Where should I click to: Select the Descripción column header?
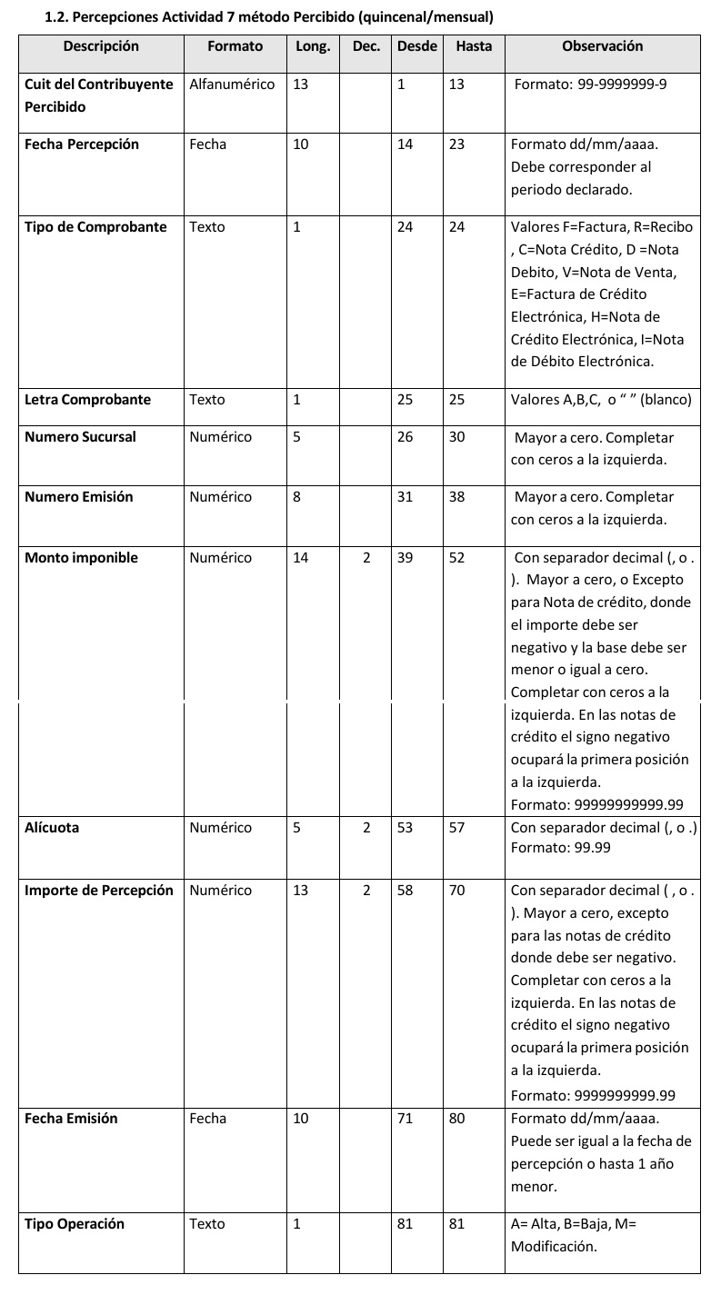(101, 46)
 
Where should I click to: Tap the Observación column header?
(602, 46)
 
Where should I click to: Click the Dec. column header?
(366, 46)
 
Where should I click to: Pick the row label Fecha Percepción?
(82, 144)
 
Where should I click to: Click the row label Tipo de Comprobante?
(95, 227)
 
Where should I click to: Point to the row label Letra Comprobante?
(87, 400)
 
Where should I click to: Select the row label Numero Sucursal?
(80, 437)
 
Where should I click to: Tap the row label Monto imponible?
(81, 558)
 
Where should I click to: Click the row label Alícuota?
(52, 828)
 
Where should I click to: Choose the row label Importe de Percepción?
(98, 891)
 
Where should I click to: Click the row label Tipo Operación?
(75, 1224)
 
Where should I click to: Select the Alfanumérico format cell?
(232, 85)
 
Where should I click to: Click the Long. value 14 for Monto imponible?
(301, 558)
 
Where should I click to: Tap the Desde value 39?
(405, 558)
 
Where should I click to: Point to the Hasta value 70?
(456, 891)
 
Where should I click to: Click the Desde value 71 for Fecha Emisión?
(405, 1119)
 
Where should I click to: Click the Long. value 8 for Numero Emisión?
(296, 497)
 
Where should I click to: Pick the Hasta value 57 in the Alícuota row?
(456, 828)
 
